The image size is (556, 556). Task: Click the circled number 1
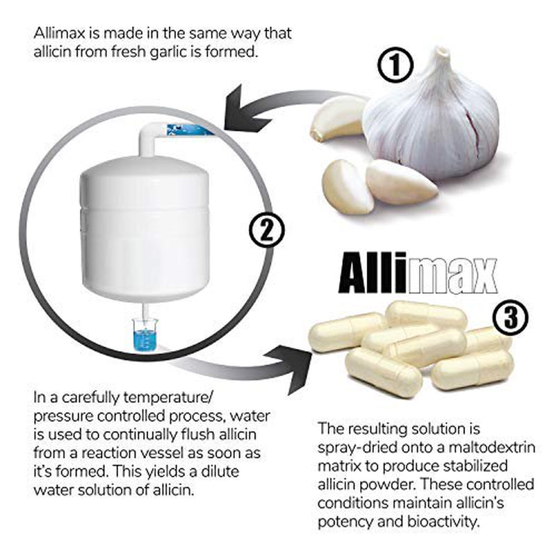coord(395,66)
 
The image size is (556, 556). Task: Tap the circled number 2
coord(267,231)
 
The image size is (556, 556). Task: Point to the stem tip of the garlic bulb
coord(441,50)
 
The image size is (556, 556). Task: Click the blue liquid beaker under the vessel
coord(145,335)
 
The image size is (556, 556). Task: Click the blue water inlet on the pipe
coord(190,129)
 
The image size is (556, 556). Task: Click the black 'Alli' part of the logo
coord(373,272)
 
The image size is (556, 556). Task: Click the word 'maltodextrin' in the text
coord(491,447)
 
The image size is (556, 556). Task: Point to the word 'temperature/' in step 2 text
coord(167,398)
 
